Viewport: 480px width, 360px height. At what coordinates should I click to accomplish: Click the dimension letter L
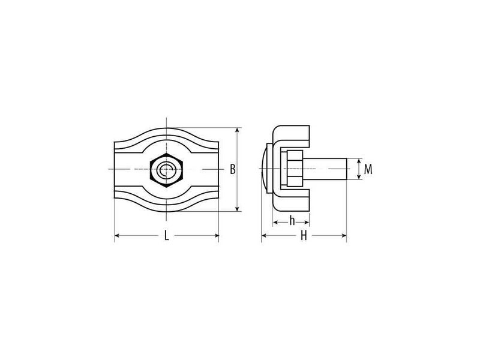click(x=166, y=236)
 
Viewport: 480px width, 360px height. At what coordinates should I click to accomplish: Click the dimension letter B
click(x=233, y=169)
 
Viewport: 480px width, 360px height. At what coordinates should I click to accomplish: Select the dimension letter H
click(x=304, y=236)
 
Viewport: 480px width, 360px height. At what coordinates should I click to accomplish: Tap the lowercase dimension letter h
click(x=292, y=220)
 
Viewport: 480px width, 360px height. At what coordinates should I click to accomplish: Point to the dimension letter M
click(x=368, y=169)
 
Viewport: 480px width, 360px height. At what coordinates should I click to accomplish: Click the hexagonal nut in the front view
click(x=166, y=170)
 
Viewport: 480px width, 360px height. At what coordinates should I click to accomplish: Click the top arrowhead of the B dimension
click(x=237, y=131)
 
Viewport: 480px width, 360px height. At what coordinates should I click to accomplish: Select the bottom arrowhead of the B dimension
click(x=237, y=208)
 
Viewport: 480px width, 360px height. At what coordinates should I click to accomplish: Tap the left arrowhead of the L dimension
click(x=118, y=235)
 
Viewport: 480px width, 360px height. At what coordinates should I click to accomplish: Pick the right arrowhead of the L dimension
click(x=215, y=235)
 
